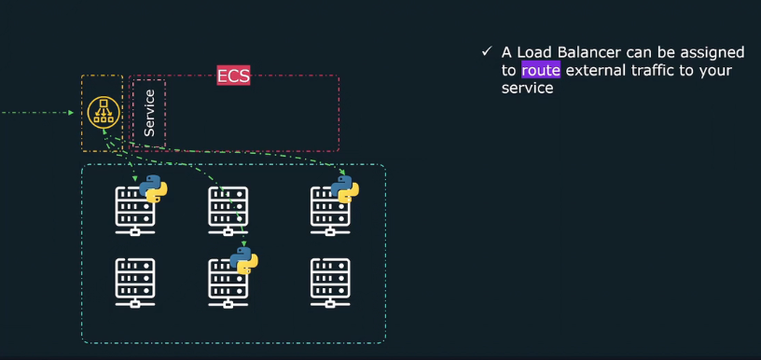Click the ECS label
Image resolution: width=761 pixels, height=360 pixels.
(x=233, y=76)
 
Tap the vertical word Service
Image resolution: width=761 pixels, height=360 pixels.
(x=149, y=113)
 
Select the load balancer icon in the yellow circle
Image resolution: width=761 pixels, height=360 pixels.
(x=104, y=113)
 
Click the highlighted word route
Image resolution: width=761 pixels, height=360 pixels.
(x=541, y=70)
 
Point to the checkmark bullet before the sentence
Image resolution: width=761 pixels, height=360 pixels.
(x=486, y=52)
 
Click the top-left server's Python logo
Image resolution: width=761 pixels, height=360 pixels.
(x=152, y=189)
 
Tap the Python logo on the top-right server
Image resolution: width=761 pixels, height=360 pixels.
(x=344, y=189)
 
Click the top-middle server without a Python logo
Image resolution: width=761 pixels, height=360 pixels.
(x=228, y=210)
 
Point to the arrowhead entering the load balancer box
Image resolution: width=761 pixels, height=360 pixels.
(x=71, y=113)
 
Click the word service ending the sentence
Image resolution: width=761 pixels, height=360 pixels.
(x=528, y=89)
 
